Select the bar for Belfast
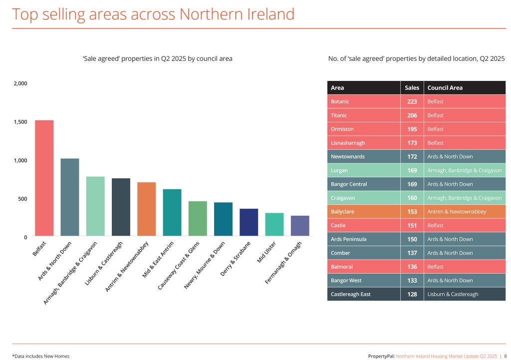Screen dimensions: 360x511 [44, 178]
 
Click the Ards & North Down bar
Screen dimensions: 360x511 [70, 197]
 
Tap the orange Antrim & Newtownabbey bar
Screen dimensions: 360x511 [147, 209]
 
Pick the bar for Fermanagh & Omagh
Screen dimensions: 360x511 [300, 226]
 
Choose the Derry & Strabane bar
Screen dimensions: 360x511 [249, 222]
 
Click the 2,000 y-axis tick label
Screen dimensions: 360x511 [20, 83]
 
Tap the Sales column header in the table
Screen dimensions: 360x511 [412, 88]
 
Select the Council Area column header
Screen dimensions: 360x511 [445, 88]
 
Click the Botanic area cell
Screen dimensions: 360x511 [340, 101]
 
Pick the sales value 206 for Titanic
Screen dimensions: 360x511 [412, 115]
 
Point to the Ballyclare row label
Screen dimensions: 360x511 [343, 212]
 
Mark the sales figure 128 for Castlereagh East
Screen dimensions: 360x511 [412, 294]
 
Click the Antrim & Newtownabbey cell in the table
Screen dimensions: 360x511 [456, 212]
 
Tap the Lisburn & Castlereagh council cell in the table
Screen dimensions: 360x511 [453, 294]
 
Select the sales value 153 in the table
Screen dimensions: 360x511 [412, 212]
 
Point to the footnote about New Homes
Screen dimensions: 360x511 [41, 356]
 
